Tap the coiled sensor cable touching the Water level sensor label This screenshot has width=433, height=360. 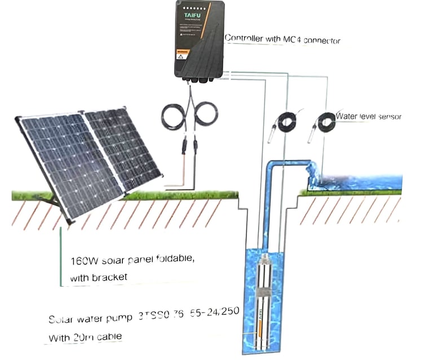coord(326,121)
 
